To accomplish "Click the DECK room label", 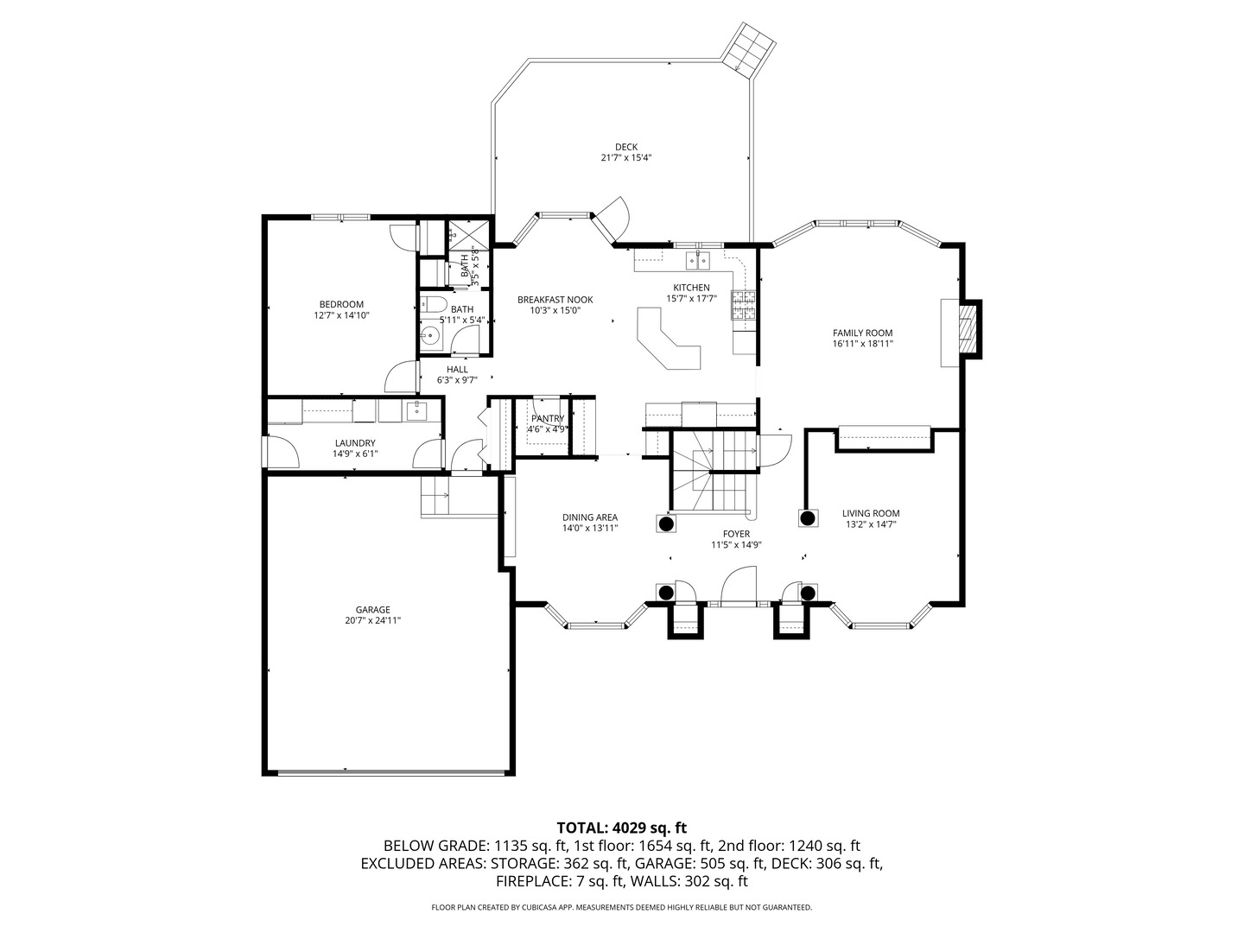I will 625,147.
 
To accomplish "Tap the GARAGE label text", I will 372,609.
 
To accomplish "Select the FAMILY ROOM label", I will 862,333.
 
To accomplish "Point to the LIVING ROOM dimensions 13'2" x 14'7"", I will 871,524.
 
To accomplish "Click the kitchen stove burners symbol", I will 743,306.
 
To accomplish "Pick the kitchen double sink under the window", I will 697,260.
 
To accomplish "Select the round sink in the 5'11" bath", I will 431,336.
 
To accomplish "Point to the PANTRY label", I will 548,418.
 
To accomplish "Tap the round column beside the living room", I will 808,518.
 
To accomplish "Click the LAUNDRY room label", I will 354,443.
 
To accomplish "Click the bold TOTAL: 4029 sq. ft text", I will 621,828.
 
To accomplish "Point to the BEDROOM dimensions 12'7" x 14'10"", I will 341,316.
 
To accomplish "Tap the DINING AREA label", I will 590,517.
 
